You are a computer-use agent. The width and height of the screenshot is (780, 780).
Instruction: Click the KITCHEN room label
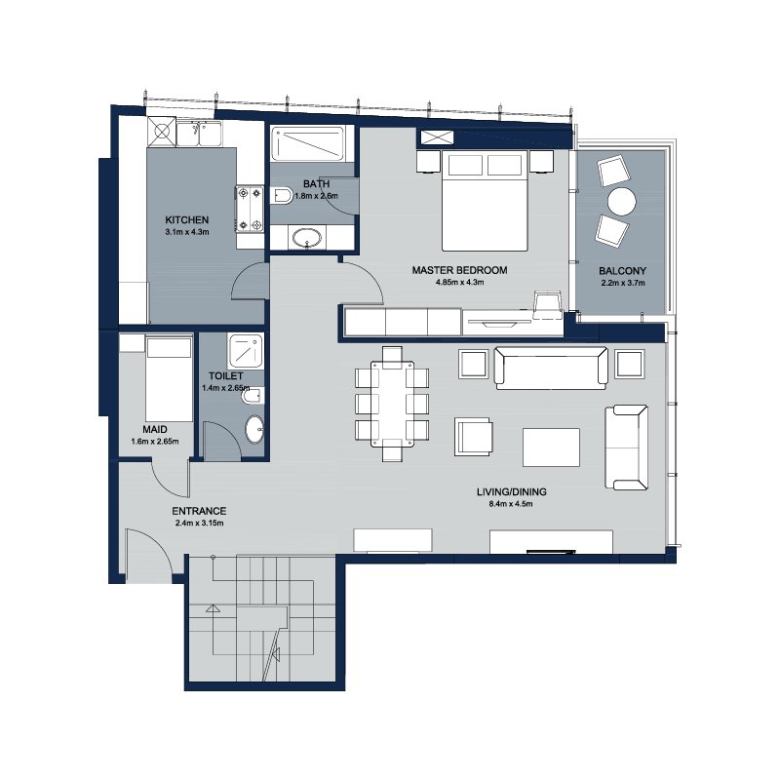[x=186, y=220]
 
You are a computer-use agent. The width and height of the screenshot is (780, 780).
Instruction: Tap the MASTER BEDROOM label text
[x=459, y=270]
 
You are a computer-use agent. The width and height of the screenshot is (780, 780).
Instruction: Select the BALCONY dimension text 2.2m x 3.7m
[x=623, y=283]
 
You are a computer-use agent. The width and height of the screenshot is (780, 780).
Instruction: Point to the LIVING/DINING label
[x=511, y=492]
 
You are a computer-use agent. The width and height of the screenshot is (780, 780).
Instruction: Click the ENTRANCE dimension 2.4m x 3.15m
[x=199, y=523]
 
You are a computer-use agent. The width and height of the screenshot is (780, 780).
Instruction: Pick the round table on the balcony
[x=622, y=201]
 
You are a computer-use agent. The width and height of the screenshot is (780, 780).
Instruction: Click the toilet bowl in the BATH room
[x=282, y=195]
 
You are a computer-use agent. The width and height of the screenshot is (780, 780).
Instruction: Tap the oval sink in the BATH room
[x=307, y=238]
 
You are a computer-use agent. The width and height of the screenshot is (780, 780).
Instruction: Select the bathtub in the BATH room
[x=307, y=143]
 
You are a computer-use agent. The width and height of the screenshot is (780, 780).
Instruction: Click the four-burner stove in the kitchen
[x=250, y=209]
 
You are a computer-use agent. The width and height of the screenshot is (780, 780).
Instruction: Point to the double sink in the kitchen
[x=199, y=134]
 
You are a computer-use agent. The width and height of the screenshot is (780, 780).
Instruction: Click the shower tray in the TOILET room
[x=246, y=351]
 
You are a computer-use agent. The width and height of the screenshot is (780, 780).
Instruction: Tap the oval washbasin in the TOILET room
[x=254, y=429]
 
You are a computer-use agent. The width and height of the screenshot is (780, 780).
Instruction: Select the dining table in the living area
[x=392, y=404]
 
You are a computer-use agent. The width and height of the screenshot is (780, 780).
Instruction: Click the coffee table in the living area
[x=551, y=448]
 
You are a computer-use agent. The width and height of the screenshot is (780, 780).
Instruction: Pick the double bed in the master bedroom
[x=485, y=201]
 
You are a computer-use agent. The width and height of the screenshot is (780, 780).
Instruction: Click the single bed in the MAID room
[x=169, y=379]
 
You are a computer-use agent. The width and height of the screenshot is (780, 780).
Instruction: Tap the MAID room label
[x=155, y=429]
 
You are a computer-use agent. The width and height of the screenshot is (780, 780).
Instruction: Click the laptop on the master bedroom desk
[x=547, y=304]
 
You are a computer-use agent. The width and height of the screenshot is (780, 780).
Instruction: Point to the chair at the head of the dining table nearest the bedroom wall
[x=392, y=357]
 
